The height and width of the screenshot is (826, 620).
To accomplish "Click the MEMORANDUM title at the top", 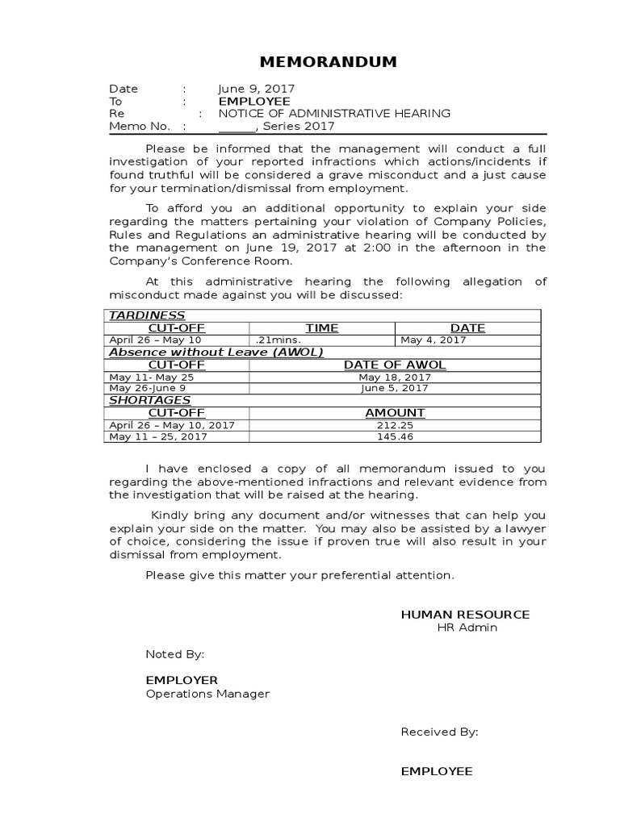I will coord(316,62).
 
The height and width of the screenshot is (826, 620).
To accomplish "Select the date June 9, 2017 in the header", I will coord(256,89).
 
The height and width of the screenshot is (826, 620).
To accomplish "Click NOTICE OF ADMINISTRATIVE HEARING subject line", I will coord(334,114).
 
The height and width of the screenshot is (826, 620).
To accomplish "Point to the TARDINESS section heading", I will coord(147,315).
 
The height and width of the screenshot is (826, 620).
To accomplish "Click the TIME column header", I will coord(321,327).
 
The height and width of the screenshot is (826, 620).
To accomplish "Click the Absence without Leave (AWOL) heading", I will coord(216,353).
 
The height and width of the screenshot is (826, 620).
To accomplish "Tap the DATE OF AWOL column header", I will coord(395,365).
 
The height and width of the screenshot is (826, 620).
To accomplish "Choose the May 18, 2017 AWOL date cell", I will coord(395,377).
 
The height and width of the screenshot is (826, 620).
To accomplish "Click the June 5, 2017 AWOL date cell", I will coord(395,388).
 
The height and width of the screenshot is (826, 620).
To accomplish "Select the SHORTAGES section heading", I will coord(149,400).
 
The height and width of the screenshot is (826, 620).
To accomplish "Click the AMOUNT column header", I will coord(395,412).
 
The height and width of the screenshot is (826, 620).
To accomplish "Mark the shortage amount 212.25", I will coord(395,424).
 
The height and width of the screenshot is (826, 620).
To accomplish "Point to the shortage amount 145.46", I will coord(395,436).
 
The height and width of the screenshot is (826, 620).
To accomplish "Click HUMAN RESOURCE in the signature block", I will coord(465,615).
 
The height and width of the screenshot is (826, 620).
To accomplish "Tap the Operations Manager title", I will coord(207,694).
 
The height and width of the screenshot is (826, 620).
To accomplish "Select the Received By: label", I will coord(439,732).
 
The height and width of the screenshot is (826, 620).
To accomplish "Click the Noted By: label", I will coord(174,654).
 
